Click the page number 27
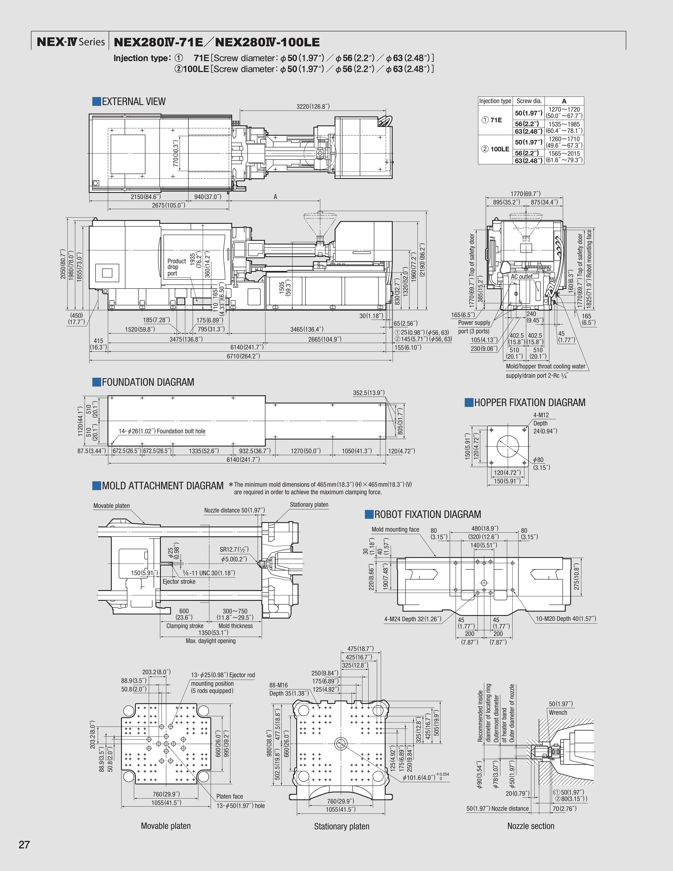24,845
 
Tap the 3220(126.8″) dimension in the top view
313,106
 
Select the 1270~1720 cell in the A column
564,109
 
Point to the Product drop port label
176,267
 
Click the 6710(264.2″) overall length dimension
243,356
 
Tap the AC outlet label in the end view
521,276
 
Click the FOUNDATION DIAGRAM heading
148,382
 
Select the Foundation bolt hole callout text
162,431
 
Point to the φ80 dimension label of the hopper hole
538,460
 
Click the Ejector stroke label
179,582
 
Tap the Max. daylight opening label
211,641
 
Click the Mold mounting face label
395,529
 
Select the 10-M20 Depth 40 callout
566,618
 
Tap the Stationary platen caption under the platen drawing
342,826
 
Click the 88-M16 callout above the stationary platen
278,685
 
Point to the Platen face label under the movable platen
229,796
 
